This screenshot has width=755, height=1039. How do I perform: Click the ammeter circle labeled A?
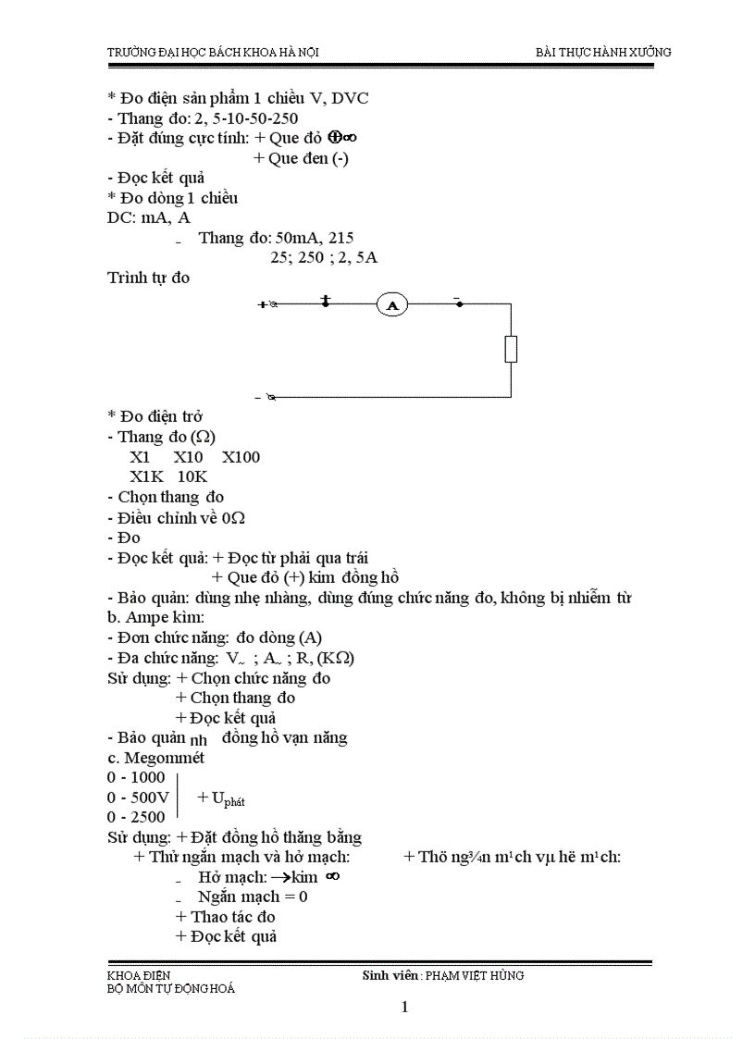pyautogui.click(x=392, y=304)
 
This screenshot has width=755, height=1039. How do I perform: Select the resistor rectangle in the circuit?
pyautogui.click(x=511, y=349)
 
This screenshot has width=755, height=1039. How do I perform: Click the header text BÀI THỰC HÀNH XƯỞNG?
pyautogui.click(x=603, y=52)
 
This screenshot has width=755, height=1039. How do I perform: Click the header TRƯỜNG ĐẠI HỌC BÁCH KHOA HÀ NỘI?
pyautogui.click(x=213, y=53)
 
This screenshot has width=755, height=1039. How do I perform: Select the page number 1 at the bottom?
pyautogui.click(x=405, y=1008)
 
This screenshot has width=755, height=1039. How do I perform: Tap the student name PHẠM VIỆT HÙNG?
pyautogui.click(x=475, y=975)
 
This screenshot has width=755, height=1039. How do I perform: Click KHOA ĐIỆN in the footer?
pyautogui.click(x=139, y=975)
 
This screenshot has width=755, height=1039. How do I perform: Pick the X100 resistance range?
pyautogui.click(x=241, y=456)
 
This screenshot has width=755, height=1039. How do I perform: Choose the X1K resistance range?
pyautogui.click(x=146, y=476)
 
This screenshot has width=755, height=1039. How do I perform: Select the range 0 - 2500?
pyautogui.click(x=136, y=817)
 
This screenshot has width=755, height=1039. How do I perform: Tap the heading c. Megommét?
pyautogui.click(x=155, y=758)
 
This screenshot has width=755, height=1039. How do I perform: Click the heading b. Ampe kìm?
pyautogui.click(x=155, y=617)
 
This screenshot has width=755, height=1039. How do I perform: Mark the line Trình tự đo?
pyautogui.click(x=148, y=278)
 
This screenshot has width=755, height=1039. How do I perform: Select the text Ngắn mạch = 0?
pyautogui.click(x=253, y=897)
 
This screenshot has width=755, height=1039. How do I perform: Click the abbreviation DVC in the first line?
pyautogui.click(x=350, y=98)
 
